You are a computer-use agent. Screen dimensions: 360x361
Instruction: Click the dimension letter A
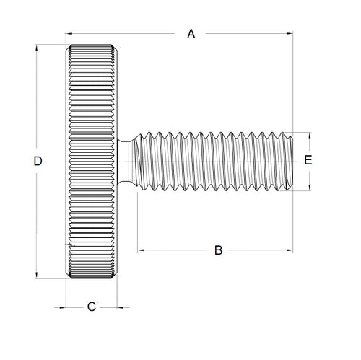coord(191,34)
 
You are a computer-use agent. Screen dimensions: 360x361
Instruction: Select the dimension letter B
coord(217,250)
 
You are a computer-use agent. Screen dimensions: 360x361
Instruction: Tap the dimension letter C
coord(92,307)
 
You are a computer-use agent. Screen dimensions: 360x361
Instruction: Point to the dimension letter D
coord(38,162)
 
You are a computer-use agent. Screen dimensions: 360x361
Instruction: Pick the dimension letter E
coord(308,161)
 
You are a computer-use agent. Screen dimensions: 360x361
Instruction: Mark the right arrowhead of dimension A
coord(290,33)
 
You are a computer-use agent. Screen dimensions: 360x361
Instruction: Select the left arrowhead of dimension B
coord(139,250)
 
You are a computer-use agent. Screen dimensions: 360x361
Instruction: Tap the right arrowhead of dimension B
coord(290,250)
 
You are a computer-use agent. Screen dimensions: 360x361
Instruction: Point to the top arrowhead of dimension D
coord(38,48)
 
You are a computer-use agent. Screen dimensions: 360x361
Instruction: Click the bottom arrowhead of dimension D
coord(38,275)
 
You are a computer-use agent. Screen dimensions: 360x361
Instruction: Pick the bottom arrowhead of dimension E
coord(308,188)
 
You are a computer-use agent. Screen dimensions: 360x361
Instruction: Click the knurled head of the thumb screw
coord(92,162)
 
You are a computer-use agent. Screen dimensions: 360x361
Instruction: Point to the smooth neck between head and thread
coord(125,162)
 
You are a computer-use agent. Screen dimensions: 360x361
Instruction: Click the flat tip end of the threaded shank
coord(291,162)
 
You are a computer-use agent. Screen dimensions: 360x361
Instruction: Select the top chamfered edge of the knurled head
coord(92,48)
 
